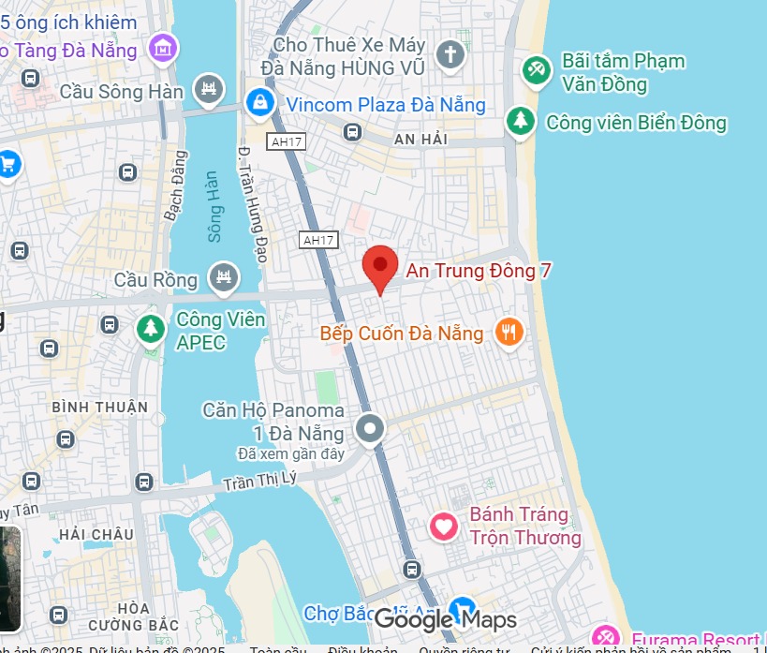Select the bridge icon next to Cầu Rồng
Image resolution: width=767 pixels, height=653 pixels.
click(224, 276)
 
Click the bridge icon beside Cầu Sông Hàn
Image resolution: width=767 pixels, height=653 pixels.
click(208, 90)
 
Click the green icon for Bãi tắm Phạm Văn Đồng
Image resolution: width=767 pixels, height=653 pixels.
click(537, 70)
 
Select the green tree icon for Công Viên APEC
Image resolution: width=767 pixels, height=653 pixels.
click(149, 328)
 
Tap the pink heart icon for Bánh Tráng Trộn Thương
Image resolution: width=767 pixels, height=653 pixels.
click(444, 526)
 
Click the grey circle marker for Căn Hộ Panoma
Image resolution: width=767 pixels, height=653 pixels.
click(371, 429)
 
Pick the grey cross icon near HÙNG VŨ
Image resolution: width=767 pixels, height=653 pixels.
click(450, 53)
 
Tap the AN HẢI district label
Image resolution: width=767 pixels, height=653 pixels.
click(420, 139)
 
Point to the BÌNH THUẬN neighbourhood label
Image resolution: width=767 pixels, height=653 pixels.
click(100, 407)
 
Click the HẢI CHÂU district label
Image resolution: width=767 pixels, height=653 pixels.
click(96, 534)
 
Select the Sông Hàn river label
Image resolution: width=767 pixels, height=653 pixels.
click(214, 207)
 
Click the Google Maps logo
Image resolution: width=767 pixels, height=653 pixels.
click(445, 619)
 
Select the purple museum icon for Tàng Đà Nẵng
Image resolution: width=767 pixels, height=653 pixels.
click(164, 46)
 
